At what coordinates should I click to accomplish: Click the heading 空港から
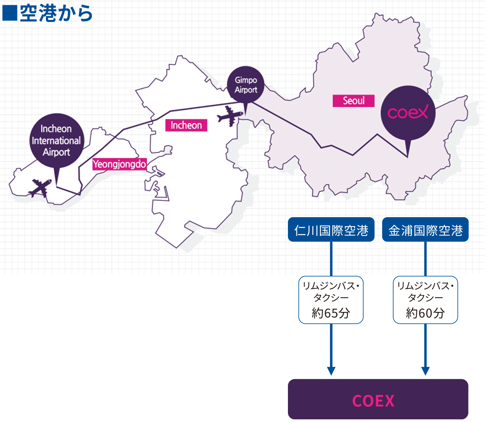[x=56, y=13]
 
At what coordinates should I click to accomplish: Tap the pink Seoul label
[x=353, y=100]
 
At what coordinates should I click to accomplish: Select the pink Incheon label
[x=186, y=125]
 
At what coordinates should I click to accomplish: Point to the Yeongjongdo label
[x=119, y=164]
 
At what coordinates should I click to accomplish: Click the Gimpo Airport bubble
[x=246, y=85]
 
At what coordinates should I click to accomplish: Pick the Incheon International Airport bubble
[x=57, y=140]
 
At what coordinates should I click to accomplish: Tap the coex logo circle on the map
[x=407, y=113]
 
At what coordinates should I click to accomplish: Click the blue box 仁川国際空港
[x=331, y=230]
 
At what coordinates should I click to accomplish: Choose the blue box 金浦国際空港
[x=425, y=230]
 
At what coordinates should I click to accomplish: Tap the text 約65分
[x=331, y=313]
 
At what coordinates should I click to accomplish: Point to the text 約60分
[x=425, y=313]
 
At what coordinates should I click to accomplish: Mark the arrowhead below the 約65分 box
[x=331, y=371]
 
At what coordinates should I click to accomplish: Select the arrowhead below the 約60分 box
[x=425, y=371]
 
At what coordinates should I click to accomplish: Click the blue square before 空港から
[x=9, y=13]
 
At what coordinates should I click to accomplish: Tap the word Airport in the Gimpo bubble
[x=246, y=90]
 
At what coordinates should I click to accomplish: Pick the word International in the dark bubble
[x=57, y=141]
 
